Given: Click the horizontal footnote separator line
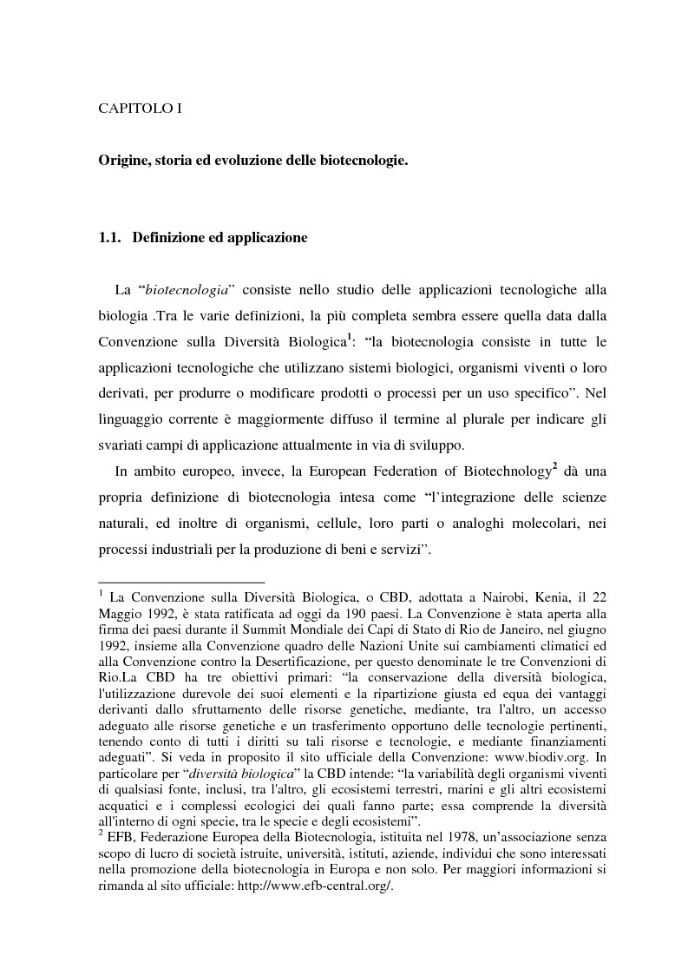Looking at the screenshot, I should click(181, 582).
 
